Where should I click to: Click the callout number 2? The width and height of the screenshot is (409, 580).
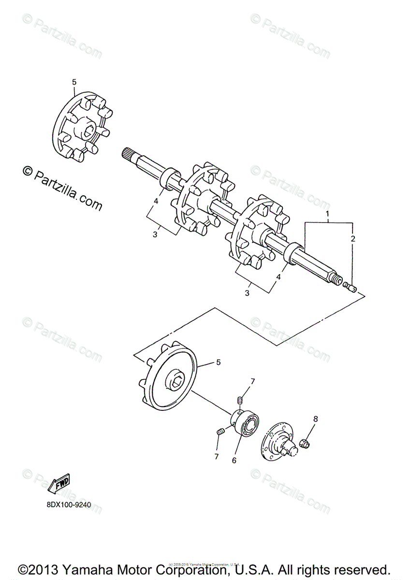[x=353, y=239]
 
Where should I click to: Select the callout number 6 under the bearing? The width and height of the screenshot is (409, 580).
[x=234, y=461]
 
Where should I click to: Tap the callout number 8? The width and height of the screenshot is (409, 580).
[x=315, y=419]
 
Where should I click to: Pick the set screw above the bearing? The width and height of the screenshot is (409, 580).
[x=239, y=400]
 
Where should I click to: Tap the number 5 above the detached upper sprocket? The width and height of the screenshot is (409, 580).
[x=74, y=82]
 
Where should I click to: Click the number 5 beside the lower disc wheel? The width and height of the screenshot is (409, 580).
[x=218, y=362]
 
